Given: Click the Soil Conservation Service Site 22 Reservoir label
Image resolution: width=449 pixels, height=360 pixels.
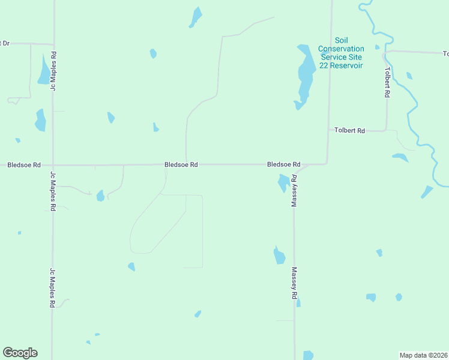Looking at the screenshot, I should pyautogui.click(x=341, y=52).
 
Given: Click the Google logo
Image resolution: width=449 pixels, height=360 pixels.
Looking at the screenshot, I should pyautogui.click(x=20, y=353).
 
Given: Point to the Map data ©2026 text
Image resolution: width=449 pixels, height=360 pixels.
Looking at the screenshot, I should pyautogui.click(x=423, y=355).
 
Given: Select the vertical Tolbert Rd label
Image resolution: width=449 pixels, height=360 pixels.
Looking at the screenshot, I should pyautogui.click(x=387, y=82).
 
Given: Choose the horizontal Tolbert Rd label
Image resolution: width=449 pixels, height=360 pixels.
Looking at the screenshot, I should pyautogui.click(x=349, y=130).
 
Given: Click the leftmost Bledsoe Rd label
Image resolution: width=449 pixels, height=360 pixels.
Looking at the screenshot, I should pyautogui.click(x=24, y=164).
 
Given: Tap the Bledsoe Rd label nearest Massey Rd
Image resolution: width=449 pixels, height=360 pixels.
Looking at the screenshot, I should pyautogui.click(x=283, y=164).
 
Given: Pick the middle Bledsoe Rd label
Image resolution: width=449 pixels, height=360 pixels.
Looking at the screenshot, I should pyautogui.click(x=181, y=164).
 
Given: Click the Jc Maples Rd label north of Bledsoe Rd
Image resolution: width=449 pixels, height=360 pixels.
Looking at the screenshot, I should pyautogui.click(x=53, y=71).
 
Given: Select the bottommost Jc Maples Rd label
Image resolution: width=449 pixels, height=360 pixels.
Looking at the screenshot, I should pyautogui.click(x=53, y=288).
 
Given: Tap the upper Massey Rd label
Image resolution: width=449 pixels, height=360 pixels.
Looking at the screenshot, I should pyautogui.click(x=295, y=191).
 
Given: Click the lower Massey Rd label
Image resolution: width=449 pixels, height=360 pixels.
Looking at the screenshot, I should pyautogui.click(x=295, y=283).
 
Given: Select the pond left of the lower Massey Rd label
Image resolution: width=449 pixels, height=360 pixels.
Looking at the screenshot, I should pyautogui.click(x=279, y=256).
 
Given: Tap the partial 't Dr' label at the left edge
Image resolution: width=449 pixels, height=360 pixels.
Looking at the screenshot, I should pyautogui.click(x=5, y=43).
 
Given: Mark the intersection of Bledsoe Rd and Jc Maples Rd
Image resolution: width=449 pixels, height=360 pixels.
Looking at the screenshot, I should pyautogui.click(x=53, y=165).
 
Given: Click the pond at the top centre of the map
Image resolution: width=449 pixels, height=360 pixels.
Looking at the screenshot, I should pyautogui.click(x=196, y=16).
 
